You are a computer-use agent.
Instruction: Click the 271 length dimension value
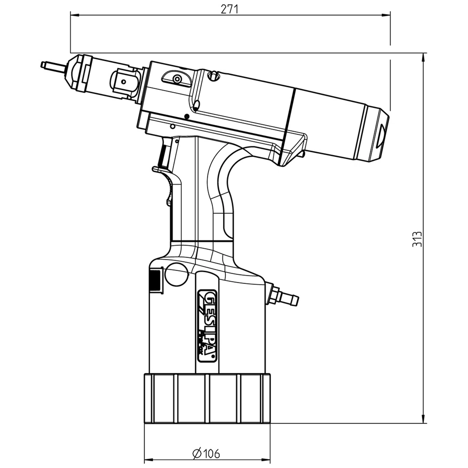point(229,10)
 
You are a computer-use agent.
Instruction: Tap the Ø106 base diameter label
point(206,453)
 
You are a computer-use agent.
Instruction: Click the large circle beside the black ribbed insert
point(176,275)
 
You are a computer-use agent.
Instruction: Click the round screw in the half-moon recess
point(177,79)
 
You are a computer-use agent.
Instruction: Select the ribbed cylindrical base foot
point(207,398)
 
